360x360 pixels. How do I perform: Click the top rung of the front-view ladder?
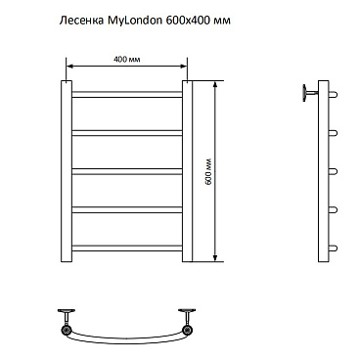(x=127, y=95)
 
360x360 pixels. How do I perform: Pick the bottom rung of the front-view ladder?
(x=127, y=247)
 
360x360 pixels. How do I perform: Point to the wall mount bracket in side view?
(x=305, y=94)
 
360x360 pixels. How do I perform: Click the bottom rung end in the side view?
(x=334, y=247)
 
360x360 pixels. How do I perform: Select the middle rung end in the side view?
(x=334, y=171)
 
